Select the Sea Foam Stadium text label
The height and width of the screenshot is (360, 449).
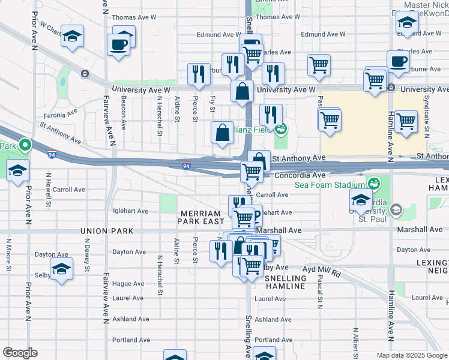[330, 185]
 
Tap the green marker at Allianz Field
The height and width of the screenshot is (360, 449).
[280, 128]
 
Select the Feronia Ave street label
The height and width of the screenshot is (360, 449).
[60, 113]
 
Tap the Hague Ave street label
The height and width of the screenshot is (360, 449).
[130, 283]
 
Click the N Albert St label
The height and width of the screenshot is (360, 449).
[355, 341]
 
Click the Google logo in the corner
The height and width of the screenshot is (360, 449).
[20, 353]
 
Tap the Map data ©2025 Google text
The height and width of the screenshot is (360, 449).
[411, 355]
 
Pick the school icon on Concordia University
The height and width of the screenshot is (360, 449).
[361, 200]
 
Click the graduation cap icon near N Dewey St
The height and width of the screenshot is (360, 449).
[62, 269]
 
